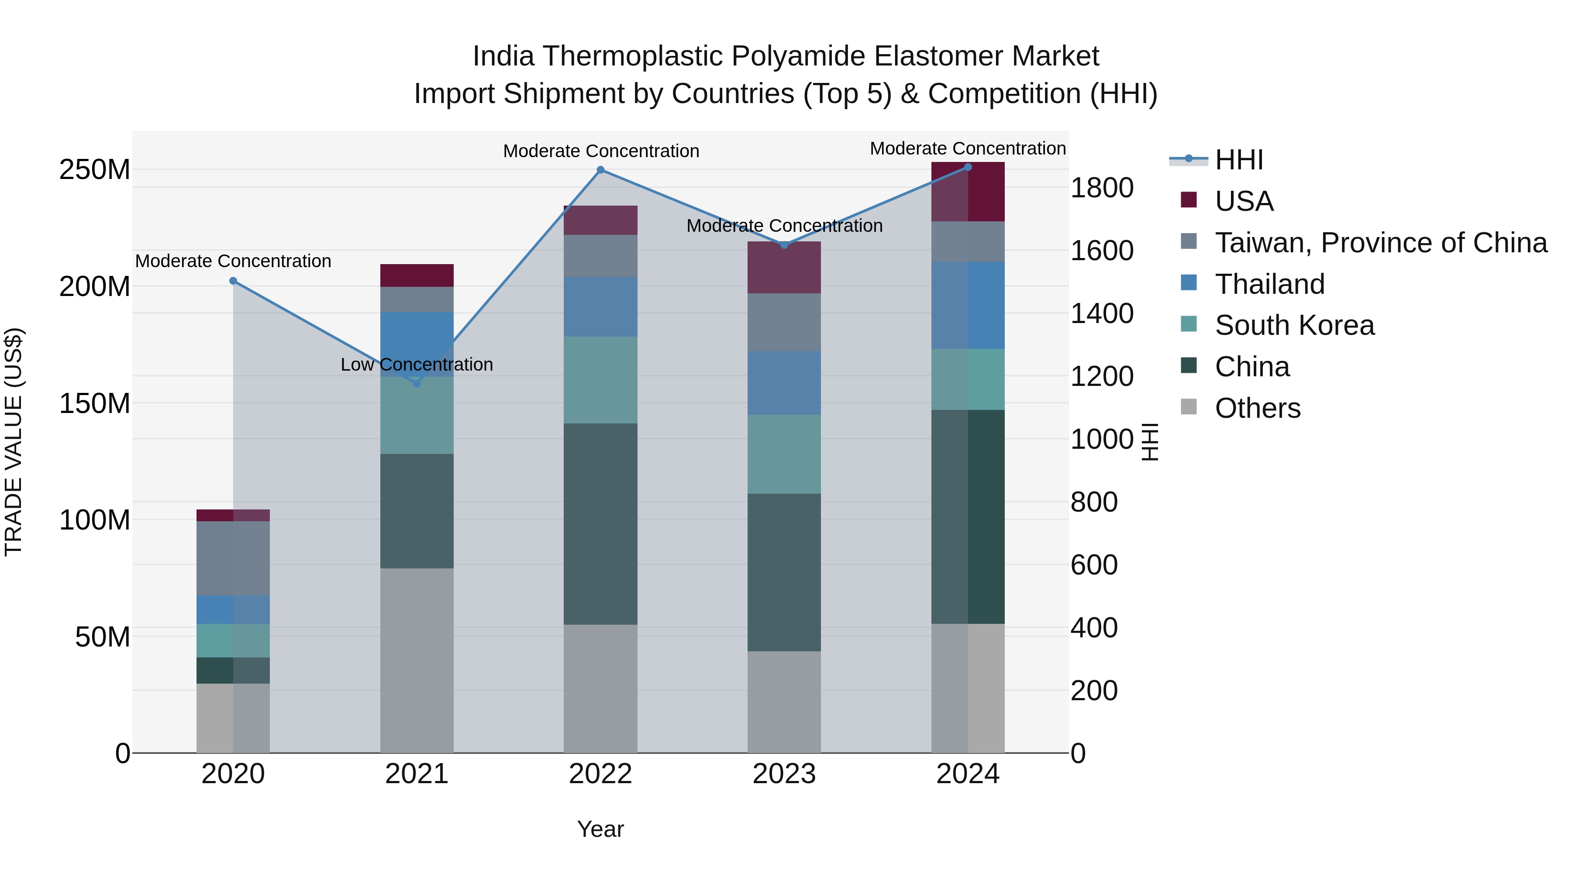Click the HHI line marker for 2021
click(417, 383)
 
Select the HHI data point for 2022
click(600, 170)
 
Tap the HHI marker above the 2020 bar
click(233, 281)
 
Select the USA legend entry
click(1244, 201)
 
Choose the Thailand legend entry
click(1269, 284)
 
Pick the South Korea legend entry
click(1294, 326)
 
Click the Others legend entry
click(1257, 408)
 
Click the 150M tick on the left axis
click(95, 404)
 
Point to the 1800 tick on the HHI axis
click(1102, 188)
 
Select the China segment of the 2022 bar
click(600, 523)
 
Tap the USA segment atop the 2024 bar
click(968, 192)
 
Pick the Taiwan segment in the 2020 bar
click(233, 558)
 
